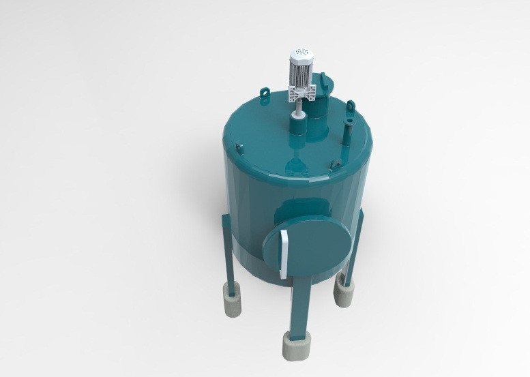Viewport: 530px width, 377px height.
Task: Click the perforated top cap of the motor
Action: click(x=301, y=52)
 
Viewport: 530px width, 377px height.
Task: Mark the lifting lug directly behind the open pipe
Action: click(x=351, y=106)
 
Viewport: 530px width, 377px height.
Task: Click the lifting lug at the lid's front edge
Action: click(x=336, y=165)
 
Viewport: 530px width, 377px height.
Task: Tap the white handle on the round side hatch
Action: click(x=282, y=250)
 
